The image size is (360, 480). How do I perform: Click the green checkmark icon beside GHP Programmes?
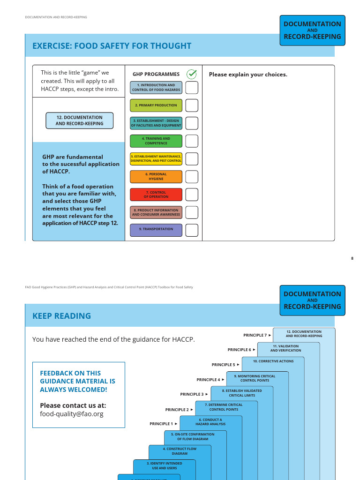[192, 74]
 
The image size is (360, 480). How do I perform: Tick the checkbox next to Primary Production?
[192, 105]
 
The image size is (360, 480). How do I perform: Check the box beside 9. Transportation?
[192, 230]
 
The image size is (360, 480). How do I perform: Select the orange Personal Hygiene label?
[156, 177]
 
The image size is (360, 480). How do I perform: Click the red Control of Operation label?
[156, 195]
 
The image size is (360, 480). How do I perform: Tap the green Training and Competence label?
[156, 141]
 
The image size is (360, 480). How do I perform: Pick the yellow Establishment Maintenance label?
[156, 159]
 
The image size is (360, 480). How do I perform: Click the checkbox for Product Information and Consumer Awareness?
[192, 212]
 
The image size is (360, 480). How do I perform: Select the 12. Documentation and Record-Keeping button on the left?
[79, 120]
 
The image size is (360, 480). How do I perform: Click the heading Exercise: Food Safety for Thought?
[112, 46]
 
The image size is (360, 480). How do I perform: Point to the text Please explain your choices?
[248, 75]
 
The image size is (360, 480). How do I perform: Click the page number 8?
[352, 258]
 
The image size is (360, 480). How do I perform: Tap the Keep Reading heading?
[61, 316]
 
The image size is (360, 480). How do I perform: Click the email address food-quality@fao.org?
[71, 414]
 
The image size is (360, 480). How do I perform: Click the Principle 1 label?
[161, 424]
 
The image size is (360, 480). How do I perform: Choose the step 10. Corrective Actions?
[273, 361]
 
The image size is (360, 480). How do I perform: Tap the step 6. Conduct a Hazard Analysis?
[210, 422]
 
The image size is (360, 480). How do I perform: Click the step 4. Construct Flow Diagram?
[180, 451]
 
